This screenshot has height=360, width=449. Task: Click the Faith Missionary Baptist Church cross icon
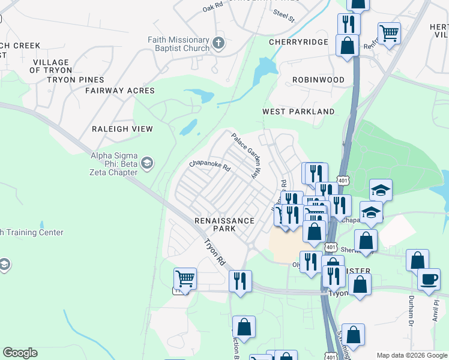pos(218,43)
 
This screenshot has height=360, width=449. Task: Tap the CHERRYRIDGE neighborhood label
pos(298,42)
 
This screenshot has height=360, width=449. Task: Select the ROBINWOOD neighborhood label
pos(318,80)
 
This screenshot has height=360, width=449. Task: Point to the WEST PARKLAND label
pos(298,112)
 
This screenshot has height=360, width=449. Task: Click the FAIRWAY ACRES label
pos(120,91)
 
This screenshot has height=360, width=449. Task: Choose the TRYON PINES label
pos(75,80)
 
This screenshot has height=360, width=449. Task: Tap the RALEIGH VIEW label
pos(122,129)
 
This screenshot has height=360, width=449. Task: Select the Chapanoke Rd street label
pos(209,166)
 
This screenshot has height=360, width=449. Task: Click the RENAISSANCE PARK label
pos(224,224)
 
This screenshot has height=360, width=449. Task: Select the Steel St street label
pos(284,14)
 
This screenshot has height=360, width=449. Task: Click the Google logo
pos(20,353)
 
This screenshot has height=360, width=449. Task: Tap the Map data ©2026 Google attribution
pos(411,355)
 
